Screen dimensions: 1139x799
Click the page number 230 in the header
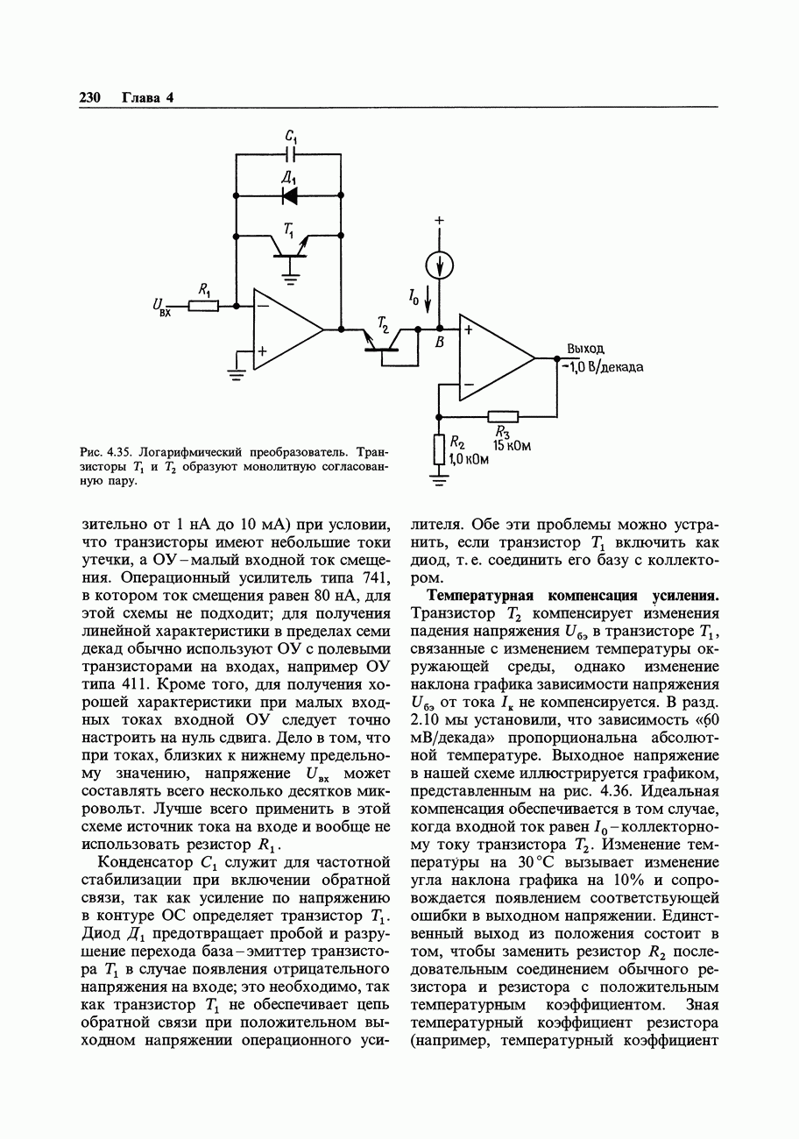point(91,97)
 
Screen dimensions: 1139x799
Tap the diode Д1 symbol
point(290,195)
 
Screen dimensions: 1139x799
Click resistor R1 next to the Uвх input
point(203,306)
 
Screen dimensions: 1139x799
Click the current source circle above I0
point(441,262)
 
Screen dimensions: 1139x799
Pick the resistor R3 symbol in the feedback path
point(503,416)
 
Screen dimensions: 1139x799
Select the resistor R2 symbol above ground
point(439,450)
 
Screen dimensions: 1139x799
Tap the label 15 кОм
point(513,446)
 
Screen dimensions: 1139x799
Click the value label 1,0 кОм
point(469,460)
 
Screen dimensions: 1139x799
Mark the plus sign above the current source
point(440,221)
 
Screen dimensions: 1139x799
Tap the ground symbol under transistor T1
point(290,279)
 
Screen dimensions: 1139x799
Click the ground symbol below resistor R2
point(439,478)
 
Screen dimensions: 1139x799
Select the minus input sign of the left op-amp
point(262,307)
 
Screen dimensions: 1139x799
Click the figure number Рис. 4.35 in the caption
point(105,452)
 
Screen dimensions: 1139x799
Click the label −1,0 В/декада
point(603,366)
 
